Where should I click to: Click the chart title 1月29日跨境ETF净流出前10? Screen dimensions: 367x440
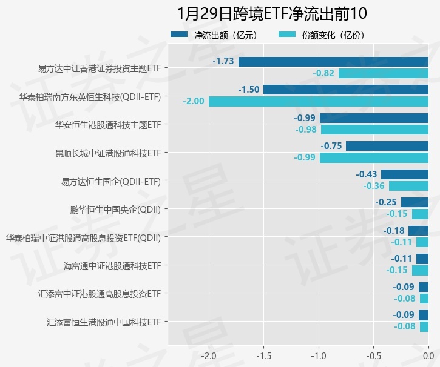272,13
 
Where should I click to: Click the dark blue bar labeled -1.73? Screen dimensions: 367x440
333,62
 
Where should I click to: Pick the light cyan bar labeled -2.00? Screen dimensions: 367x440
319,101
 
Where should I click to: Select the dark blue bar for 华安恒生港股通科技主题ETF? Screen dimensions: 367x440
374,118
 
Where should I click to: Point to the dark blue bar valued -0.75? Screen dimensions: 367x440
387,146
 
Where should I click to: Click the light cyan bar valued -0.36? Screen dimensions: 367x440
408,186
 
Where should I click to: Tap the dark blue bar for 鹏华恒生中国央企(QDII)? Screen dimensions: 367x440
415,202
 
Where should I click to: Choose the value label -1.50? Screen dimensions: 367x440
249,90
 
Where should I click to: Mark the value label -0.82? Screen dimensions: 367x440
323,73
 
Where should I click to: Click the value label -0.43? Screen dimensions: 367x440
367,174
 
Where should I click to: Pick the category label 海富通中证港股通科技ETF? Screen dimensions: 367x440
112,265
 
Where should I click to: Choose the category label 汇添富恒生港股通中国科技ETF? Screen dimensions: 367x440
104,322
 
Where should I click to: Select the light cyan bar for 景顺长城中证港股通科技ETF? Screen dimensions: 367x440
374,157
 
